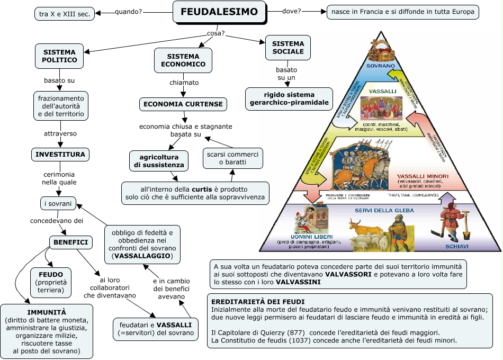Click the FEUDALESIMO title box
[219, 12]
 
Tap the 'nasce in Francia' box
[402, 12]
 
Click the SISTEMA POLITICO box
[59, 56]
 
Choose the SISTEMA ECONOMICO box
[183, 60]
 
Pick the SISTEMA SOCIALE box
[288, 48]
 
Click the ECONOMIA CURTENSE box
[183, 104]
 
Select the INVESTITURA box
[59, 155]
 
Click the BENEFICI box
[70, 242]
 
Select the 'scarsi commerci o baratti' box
[233, 158]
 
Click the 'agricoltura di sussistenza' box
[159, 161]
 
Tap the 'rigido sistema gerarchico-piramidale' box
[289, 98]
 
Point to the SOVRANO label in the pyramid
[380, 66]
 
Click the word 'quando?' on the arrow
[128, 12]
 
